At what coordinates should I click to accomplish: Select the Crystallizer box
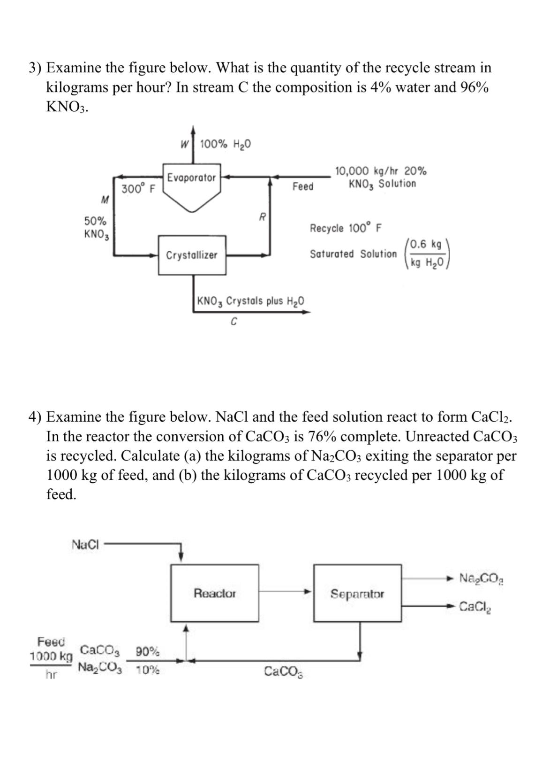tap(192, 255)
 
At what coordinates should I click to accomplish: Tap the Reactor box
tap(215, 593)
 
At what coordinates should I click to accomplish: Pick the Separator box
tap(357, 594)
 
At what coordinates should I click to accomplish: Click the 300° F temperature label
tap(138, 189)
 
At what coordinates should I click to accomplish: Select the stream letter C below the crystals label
tap(234, 322)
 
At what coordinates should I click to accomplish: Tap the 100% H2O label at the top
tap(225, 144)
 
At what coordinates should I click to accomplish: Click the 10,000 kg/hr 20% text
tap(380, 170)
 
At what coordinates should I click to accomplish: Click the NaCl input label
tap(86, 544)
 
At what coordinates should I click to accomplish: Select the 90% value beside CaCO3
tap(147, 651)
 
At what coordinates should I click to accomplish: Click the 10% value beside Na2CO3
tap(147, 670)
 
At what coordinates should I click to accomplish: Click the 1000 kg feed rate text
tap(51, 656)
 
